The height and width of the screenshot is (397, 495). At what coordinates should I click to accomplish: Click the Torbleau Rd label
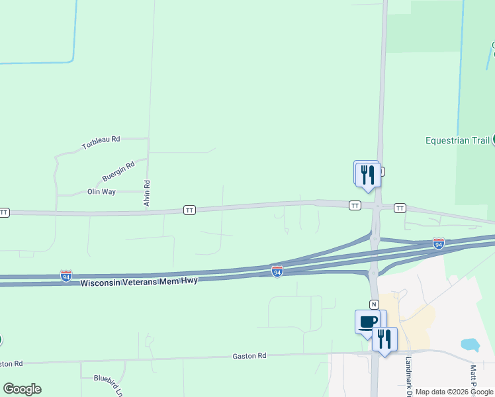(101, 142)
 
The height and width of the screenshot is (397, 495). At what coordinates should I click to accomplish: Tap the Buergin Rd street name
(118, 171)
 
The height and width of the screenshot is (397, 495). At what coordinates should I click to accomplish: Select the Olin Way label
(101, 192)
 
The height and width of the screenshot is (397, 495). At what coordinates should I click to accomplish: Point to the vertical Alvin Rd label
(147, 193)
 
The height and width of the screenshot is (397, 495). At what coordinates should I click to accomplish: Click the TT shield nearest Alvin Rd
(190, 210)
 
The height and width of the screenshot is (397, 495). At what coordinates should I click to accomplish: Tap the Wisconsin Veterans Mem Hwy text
(139, 282)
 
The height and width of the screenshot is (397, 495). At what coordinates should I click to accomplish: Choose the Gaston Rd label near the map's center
(249, 356)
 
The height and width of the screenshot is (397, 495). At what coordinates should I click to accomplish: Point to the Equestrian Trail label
(457, 140)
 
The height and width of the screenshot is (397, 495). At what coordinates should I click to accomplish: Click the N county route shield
(374, 304)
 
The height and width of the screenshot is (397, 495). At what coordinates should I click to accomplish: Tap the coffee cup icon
(368, 322)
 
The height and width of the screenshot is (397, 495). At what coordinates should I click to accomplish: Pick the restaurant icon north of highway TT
(367, 174)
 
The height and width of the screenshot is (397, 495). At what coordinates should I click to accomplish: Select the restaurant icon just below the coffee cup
(384, 339)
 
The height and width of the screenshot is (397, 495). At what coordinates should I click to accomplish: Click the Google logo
(22, 389)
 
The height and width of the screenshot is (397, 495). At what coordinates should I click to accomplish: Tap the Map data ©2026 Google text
(454, 392)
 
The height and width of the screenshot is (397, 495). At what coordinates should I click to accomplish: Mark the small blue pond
(469, 345)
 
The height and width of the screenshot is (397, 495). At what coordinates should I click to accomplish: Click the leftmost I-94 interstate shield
(66, 275)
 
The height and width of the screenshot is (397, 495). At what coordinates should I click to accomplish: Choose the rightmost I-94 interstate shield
(438, 243)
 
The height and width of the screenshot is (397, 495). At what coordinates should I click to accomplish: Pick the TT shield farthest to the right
(400, 208)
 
